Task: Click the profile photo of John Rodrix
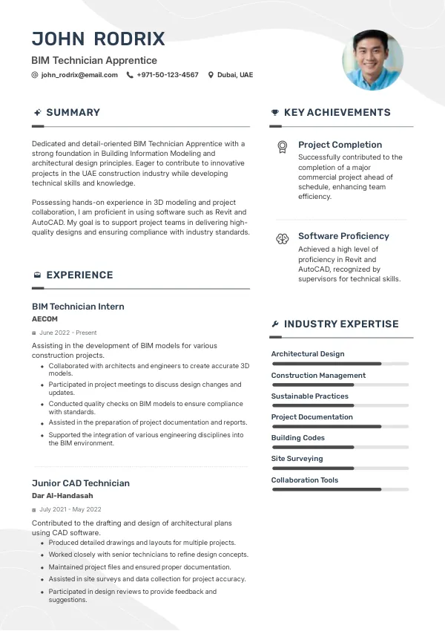[x=372, y=60]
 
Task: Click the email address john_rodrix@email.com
[x=79, y=75]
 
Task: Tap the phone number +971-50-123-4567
[x=168, y=75]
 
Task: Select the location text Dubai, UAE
[x=235, y=75]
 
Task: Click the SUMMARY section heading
[x=73, y=113]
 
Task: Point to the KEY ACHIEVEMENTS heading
[x=337, y=113]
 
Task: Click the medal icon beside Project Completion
[x=282, y=146]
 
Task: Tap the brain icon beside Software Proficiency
[x=282, y=238]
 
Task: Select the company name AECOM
[x=44, y=319]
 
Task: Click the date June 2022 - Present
[x=68, y=333]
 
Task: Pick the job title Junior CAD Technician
[x=81, y=483]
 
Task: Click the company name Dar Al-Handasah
[x=62, y=496]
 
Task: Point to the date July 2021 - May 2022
[x=70, y=510]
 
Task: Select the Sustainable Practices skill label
[x=309, y=396]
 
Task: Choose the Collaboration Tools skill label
[x=305, y=480]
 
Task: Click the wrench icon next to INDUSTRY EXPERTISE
[x=275, y=324]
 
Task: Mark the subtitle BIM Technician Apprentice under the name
[x=94, y=60]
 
